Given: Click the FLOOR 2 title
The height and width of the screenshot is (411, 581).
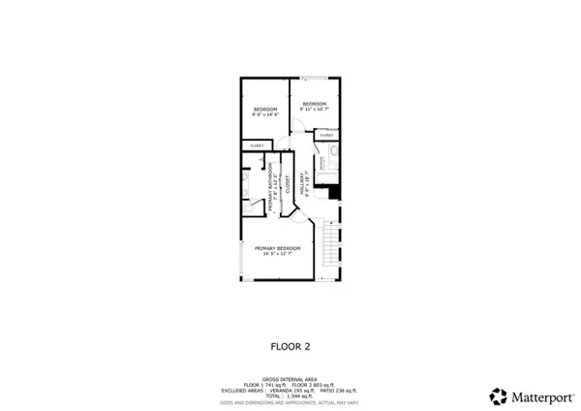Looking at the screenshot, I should (290, 344).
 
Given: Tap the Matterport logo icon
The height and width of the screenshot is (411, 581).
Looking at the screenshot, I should (499, 395).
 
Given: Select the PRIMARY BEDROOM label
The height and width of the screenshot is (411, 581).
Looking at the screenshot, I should (278, 248).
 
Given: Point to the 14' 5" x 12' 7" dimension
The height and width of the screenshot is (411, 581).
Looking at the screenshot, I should (278, 255).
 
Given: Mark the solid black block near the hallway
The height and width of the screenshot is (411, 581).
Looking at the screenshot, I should (334, 192).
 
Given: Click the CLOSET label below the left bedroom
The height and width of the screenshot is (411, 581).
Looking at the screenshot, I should (257, 145).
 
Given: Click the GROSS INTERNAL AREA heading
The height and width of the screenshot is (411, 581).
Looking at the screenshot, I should (290, 379).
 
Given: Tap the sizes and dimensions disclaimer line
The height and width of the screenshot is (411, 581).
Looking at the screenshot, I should (290, 402).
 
